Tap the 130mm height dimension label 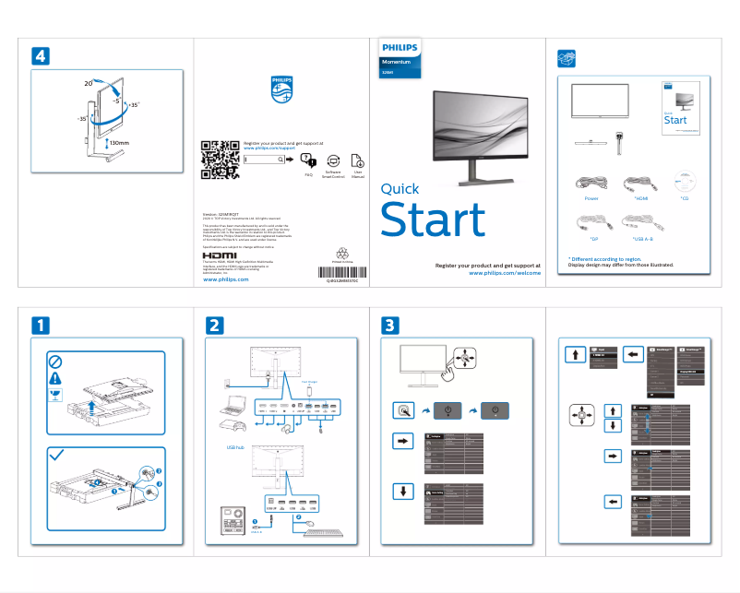[x=119, y=144]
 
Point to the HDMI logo [x=219, y=255]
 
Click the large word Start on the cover [x=433, y=220]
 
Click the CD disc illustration [x=684, y=182]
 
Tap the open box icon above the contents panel [x=567, y=58]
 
